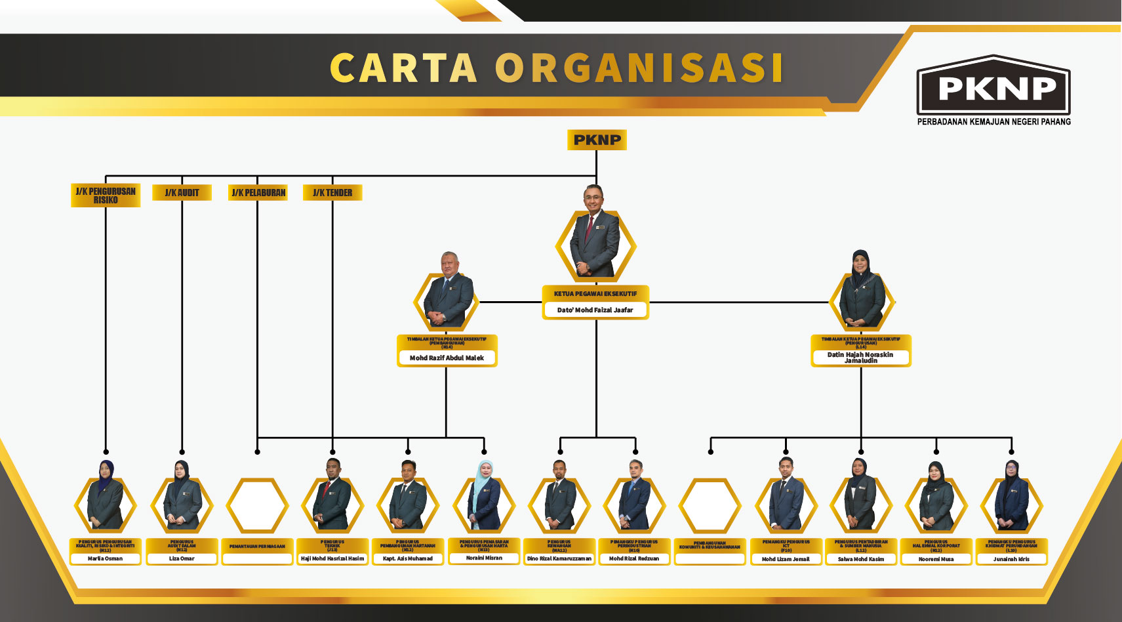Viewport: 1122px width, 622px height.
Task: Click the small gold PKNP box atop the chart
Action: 597,140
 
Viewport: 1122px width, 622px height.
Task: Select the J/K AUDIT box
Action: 182,192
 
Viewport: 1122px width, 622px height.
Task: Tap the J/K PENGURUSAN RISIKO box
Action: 106,196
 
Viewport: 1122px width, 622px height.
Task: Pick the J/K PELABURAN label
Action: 258,192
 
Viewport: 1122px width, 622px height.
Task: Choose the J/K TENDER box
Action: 332,192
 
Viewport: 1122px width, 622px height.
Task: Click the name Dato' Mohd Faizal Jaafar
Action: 595,310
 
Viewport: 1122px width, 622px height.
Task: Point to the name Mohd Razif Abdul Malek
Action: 447,358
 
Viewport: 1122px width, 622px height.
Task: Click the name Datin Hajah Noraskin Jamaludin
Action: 860,358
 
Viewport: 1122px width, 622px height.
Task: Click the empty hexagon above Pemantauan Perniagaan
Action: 257,505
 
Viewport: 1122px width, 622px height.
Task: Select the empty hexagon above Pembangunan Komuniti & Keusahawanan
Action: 710,505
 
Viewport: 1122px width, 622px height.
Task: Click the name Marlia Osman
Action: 105,559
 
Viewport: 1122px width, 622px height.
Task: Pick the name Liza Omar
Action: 182,559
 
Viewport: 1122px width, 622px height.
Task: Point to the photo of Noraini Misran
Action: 484,499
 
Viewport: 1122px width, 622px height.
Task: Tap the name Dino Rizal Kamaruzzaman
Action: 559,559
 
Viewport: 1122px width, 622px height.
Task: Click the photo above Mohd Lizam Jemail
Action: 786,499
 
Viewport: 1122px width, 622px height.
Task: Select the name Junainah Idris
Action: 1011,559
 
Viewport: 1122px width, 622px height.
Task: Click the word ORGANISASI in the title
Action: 639,68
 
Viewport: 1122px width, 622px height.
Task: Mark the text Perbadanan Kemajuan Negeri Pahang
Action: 993,122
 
